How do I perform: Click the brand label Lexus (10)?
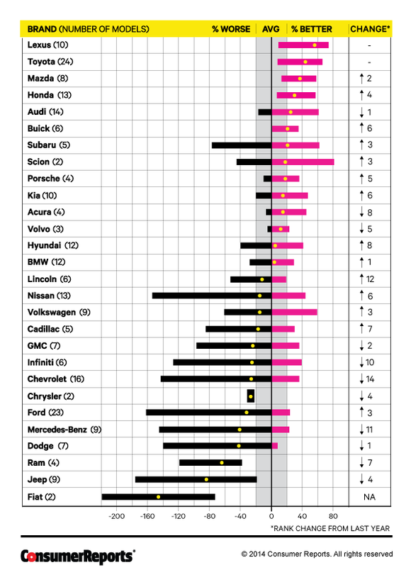tap(48, 45)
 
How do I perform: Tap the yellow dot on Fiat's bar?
tap(159, 497)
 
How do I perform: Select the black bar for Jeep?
tap(196, 479)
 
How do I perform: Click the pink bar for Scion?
tap(303, 162)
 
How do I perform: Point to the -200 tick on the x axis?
tap(116, 516)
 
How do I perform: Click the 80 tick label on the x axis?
tap(333, 516)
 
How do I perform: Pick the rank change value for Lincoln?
tap(367, 279)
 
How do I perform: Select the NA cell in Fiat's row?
tap(369, 497)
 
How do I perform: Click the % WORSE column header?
tap(231, 29)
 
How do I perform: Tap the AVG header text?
tap(271, 29)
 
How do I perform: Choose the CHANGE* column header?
tap(370, 29)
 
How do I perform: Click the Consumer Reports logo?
tap(78, 556)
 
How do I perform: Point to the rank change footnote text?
tap(330, 528)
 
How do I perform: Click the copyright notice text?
tap(317, 554)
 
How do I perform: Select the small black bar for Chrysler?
tap(251, 396)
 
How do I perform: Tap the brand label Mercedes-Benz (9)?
tap(64, 430)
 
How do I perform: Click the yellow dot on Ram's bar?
tap(222, 462)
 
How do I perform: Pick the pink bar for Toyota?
tap(300, 62)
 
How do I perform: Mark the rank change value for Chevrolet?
tap(367, 379)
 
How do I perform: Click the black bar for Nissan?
tap(212, 296)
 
